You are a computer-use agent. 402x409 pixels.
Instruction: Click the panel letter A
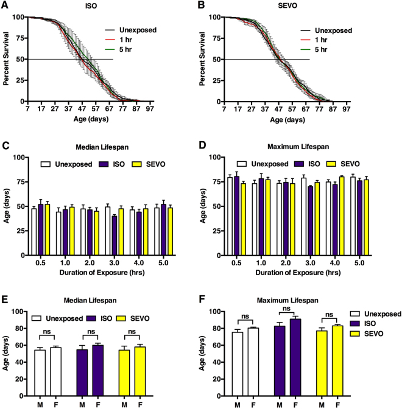(x=5, y=6)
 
